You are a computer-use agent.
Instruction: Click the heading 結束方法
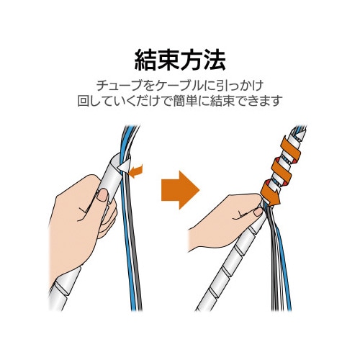click(x=180, y=57)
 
